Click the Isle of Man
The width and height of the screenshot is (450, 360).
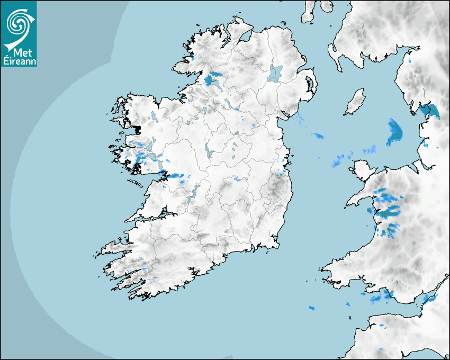tap(355, 102)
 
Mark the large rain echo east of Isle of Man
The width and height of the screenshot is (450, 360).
tap(394, 132)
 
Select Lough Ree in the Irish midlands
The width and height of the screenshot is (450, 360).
tap(209, 150)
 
